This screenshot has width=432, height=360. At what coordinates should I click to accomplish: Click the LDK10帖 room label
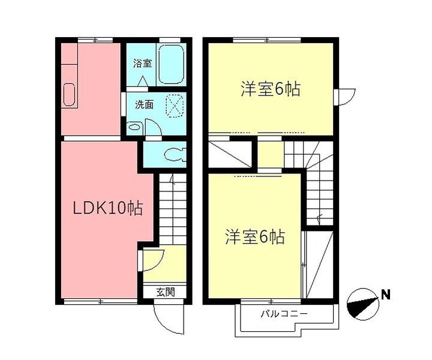tap(108, 209)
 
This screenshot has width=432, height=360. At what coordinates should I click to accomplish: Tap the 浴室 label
tap(142, 64)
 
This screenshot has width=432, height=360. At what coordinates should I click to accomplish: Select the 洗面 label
tap(144, 105)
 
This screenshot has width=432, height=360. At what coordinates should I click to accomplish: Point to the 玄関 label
tap(166, 292)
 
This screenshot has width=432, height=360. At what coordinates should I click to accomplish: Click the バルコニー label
tap(284, 314)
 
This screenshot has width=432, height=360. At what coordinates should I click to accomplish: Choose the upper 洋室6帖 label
tap(271, 89)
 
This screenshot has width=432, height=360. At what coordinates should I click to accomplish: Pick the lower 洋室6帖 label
tap(255, 237)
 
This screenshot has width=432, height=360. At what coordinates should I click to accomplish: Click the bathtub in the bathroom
tap(171, 64)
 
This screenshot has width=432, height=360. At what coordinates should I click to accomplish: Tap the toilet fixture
tap(175, 155)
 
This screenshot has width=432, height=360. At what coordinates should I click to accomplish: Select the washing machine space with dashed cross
tap(175, 106)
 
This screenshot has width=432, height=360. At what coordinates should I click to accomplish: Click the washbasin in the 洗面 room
tap(134, 127)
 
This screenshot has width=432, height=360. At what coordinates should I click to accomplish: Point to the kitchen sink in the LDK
tap(69, 95)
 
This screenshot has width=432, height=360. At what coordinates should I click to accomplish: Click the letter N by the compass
tap(386, 295)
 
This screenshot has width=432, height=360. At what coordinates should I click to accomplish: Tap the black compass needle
tap(362, 305)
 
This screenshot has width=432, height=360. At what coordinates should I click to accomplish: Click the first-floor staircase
tap(173, 209)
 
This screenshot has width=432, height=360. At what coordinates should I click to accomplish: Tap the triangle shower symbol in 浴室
tap(143, 81)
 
